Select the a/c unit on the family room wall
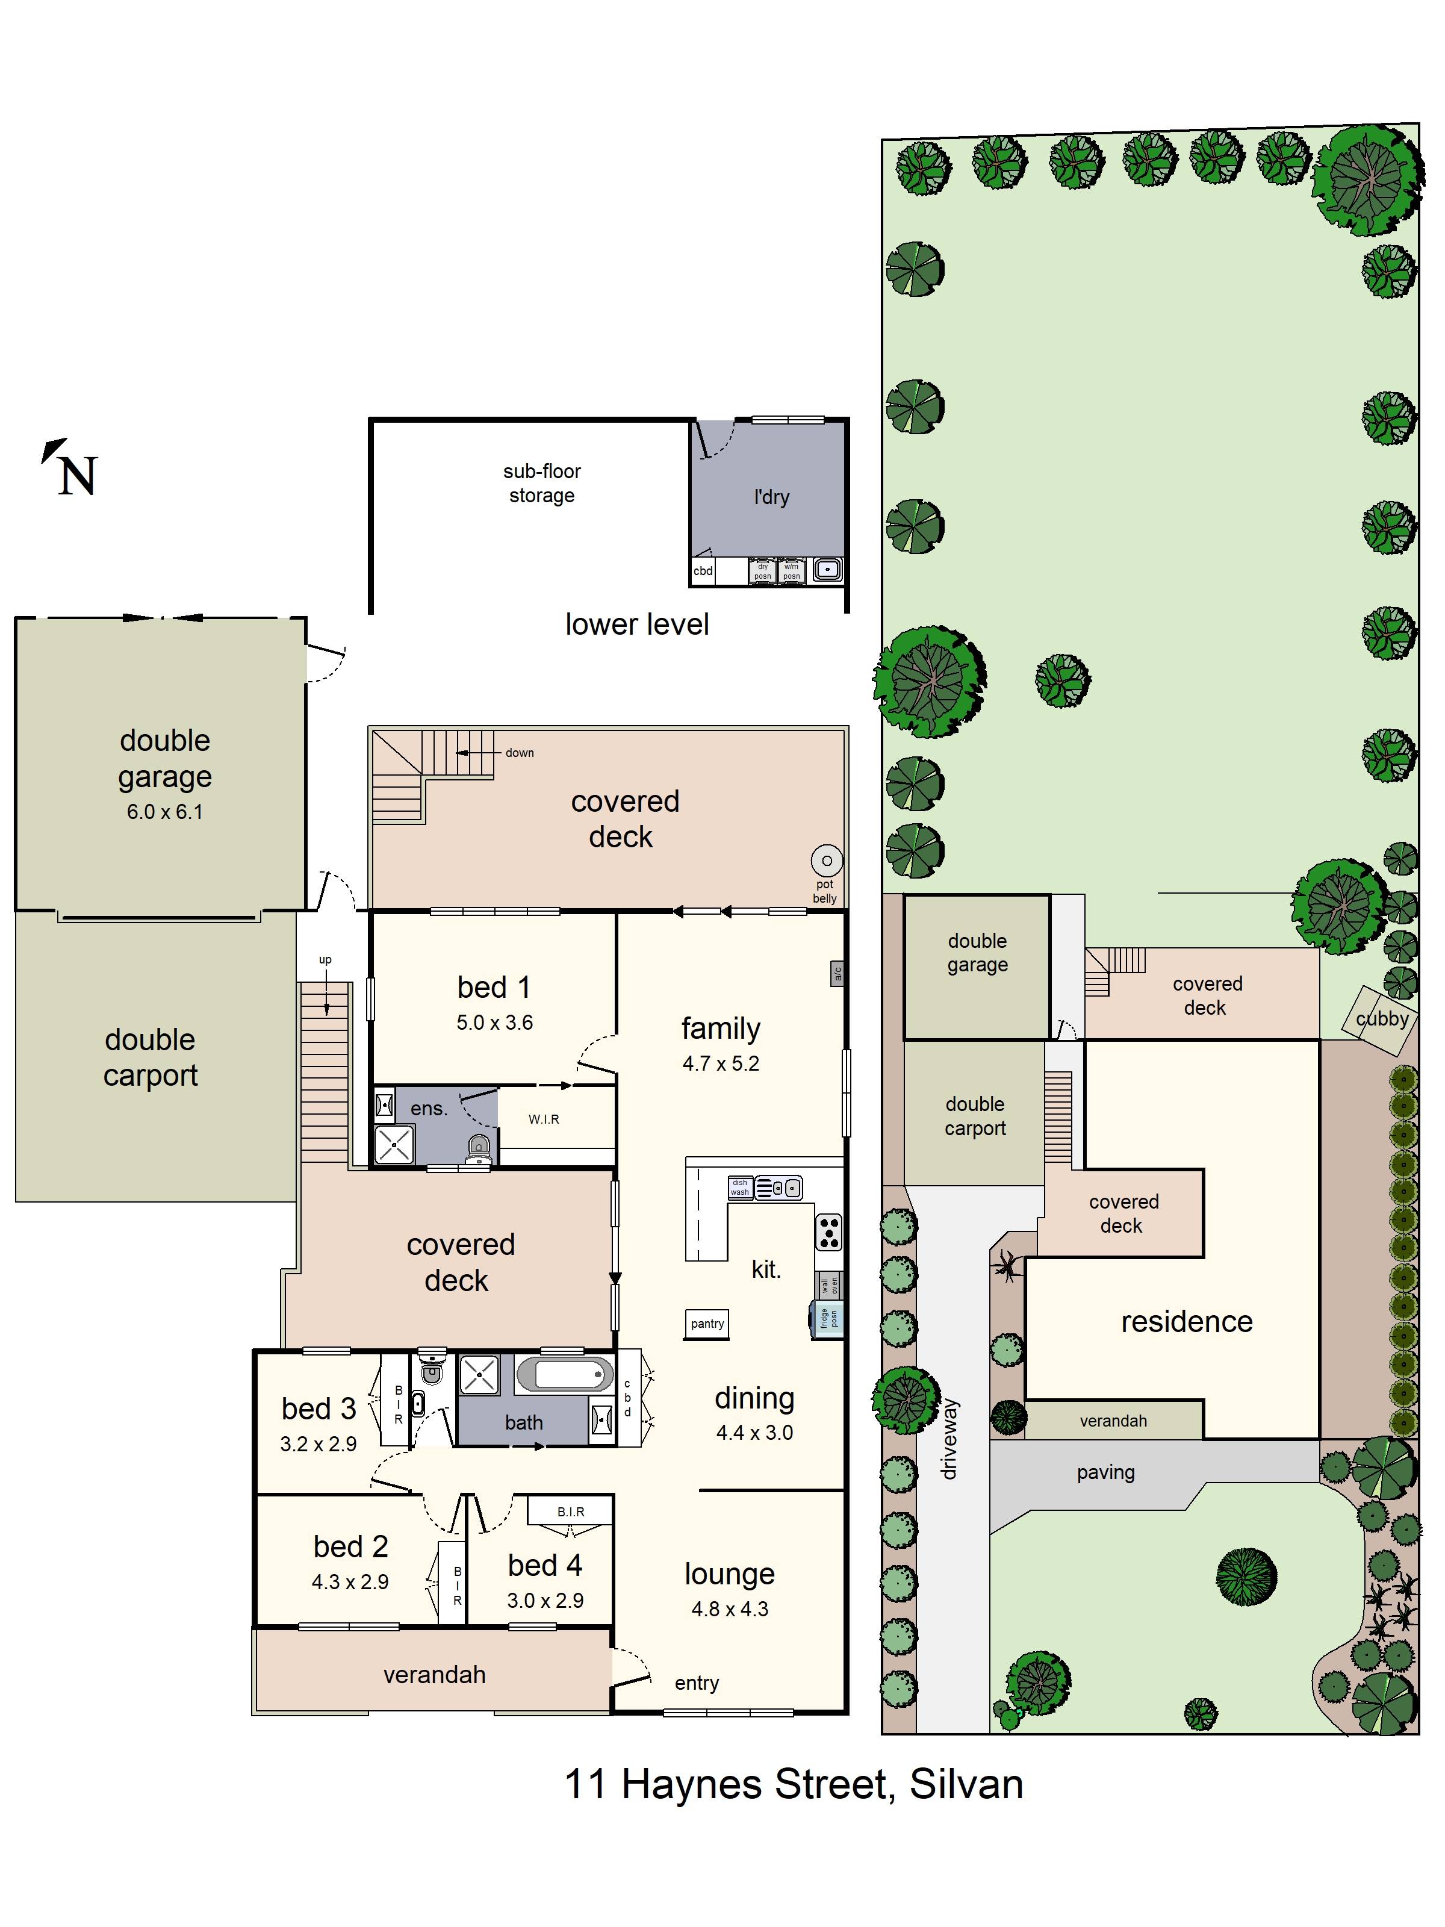click(x=836, y=973)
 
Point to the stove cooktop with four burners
click(x=829, y=1232)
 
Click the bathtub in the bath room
click(x=564, y=1375)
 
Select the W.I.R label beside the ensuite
click(x=544, y=1119)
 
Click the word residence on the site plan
click(x=1186, y=1322)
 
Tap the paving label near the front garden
click(x=1105, y=1472)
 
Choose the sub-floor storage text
click(x=542, y=484)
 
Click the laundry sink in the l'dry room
click(x=827, y=570)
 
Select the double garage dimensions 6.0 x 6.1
click(x=164, y=812)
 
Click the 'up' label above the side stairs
click(x=325, y=959)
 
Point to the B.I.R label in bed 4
click(x=571, y=1511)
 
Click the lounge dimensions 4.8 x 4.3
click(x=730, y=1609)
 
